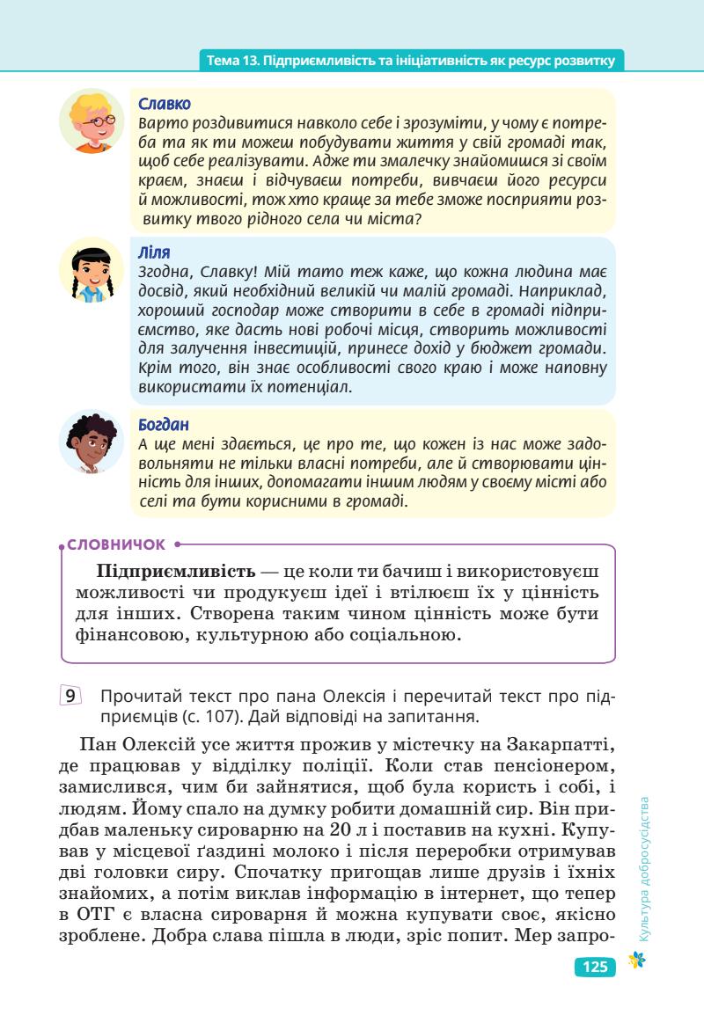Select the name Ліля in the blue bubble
tap(155, 252)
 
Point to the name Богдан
tap(165, 424)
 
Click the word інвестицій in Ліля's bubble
tap(281, 349)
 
